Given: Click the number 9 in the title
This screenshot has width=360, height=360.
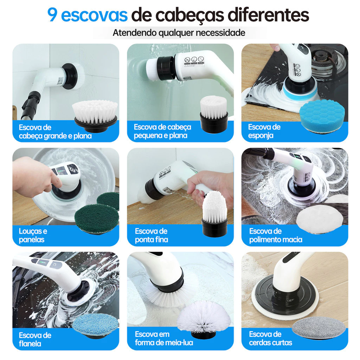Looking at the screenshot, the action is (x=52, y=15).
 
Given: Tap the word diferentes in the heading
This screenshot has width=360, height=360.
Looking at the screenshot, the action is (x=268, y=15).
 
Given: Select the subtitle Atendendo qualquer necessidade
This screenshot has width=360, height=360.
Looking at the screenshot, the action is (x=179, y=33).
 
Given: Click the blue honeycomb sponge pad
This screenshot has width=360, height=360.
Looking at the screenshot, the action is (x=322, y=116).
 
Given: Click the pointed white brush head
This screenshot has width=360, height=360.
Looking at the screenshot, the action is (x=215, y=213).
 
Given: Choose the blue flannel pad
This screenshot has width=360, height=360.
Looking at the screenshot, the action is (x=96, y=326).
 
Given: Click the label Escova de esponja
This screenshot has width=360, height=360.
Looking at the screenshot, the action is (x=264, y=131).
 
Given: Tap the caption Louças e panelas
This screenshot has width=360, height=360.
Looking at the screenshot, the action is (x=33, y=235).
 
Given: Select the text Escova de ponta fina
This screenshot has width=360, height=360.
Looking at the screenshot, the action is (x=151, y=235).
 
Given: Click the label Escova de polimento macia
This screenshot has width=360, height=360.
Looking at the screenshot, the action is (x=276, y=235).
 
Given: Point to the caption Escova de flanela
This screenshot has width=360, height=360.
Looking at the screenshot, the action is (x=35, y=339).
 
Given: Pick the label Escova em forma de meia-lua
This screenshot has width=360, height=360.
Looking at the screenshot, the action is (x=164, y=339).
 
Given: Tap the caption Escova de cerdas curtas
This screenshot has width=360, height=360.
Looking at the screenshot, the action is (x=270, y=339).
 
